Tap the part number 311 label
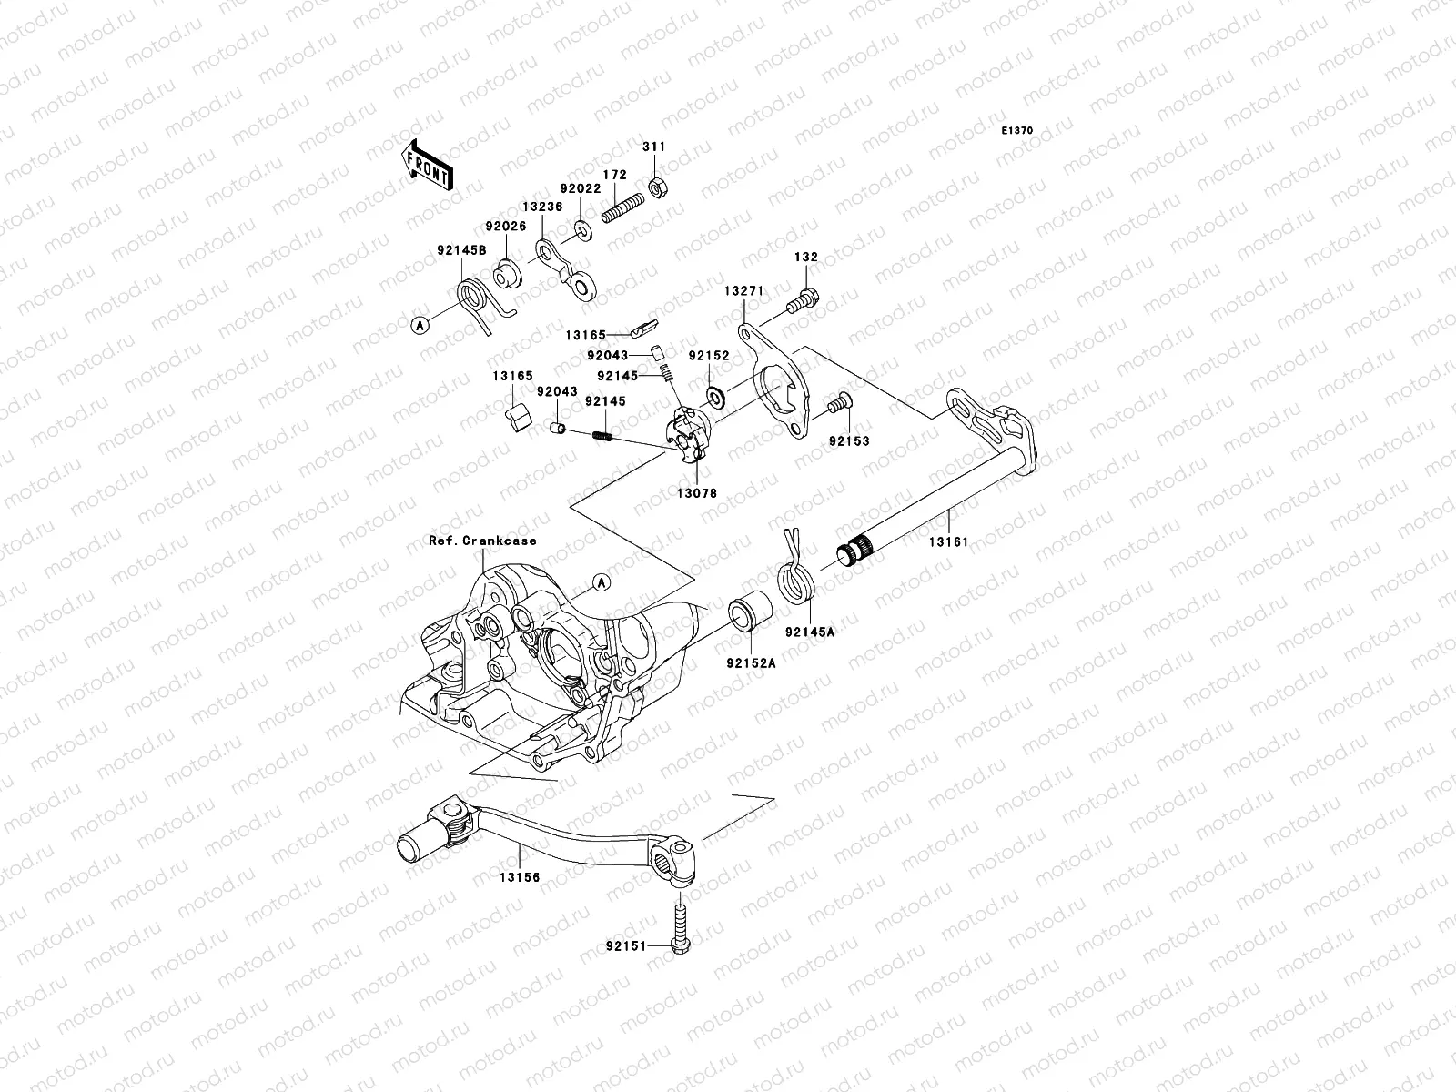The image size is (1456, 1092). pyautogui.click(x=653, y=147)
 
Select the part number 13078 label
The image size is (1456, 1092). pyautogui.click(x=696, y=493)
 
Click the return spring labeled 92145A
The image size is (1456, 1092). pyautogui.click(x=799, y=579)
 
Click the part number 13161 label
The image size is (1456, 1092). pyautogui.click(x=948, y=541)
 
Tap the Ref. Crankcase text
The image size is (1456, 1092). pyautogui.click(x=482, y=541)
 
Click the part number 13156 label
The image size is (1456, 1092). pyautogui.click(x=519, y=878)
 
